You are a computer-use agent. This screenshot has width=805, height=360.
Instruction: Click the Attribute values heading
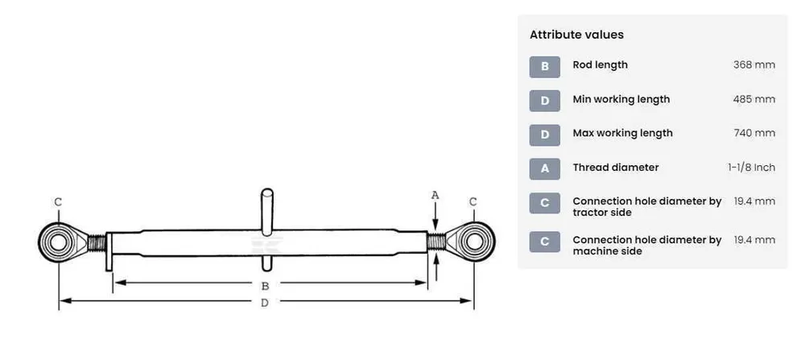pyautogui.click(x=576, y=35)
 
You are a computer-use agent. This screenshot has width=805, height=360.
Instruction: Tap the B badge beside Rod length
pyautogui.click(x=545, y=67)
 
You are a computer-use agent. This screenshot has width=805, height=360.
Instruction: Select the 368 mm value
pyautogui.click(x=754, y=64)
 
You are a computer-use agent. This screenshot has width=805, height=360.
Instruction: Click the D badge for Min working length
pyautogui.click(x=545, y=101)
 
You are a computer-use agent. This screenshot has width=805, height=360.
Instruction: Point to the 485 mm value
pyautogui.click(x=754, y=99)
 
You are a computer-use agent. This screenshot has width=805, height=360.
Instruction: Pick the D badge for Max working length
pyautogui.click(x=545, y=134)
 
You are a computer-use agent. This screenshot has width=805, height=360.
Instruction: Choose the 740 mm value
pyautogui.click(x=754, y=133)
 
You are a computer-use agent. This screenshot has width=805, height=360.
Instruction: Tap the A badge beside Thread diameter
pyautogui.click(x=545, y=168)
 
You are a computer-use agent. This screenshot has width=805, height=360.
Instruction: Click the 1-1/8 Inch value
pyautogui.click(x=752, y=168)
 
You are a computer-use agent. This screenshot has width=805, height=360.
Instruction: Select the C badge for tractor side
pyautogui.click(x=545, y=203)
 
